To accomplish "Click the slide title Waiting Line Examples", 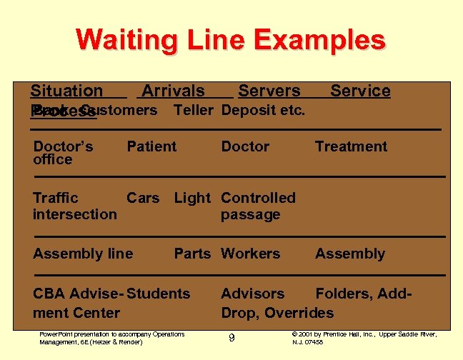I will (x=230, y=39).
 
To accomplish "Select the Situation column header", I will (x=66, y=91).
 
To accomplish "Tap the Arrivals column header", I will (x=173, y=91).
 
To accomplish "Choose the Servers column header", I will (x=269, y=91).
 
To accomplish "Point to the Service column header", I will (x=360, y=91).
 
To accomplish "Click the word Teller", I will (x=193, y=110).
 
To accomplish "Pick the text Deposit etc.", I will (x=264, y=110).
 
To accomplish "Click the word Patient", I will (x=151, y=147).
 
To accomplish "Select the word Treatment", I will (x=351, y=147).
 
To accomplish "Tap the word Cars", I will (x=143, y=198).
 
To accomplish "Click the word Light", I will (x=192, y=198).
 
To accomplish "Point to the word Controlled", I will (x=258, y=198).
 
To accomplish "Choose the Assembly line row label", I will (x=83, y=254).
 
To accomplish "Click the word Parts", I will (x=192, y=254).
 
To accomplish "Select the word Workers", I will (x=251, y=254).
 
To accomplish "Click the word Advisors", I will (x=253, y=294).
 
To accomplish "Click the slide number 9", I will (x=231, y=338).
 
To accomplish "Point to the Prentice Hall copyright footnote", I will (x=364, y=338).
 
